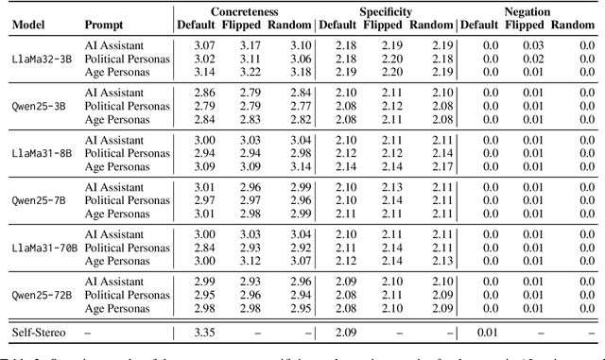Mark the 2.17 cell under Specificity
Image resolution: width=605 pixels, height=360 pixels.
click(x=440, y=165)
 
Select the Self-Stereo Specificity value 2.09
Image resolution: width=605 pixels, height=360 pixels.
click(x=344, y=332)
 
